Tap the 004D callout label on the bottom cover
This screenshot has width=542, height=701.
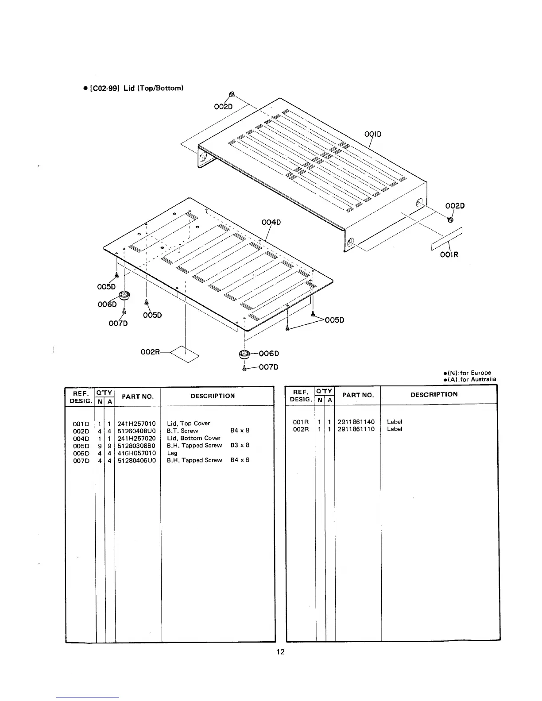pos(271,222)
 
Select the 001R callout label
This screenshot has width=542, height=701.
pos(449,254)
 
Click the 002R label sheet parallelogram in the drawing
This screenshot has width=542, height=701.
pos(185,354)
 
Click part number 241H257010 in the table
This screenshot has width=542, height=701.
pos(137,424)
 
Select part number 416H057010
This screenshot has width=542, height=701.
pos(137,453)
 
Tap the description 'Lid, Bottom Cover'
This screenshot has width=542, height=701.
pos(194,438)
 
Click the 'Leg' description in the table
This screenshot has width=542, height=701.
pos(172,453)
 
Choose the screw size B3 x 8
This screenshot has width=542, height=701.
pos(240,445)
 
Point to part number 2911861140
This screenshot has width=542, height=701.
pos(356,422)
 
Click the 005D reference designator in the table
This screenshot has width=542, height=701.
pos(81,446)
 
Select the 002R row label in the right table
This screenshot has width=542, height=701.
pos(301,429)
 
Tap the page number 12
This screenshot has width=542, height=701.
pos(281,651)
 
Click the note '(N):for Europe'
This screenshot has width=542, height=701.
pos(467,373)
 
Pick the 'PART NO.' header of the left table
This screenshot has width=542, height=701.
pos(138,397)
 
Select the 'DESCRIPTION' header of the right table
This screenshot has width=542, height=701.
pos(434,394)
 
